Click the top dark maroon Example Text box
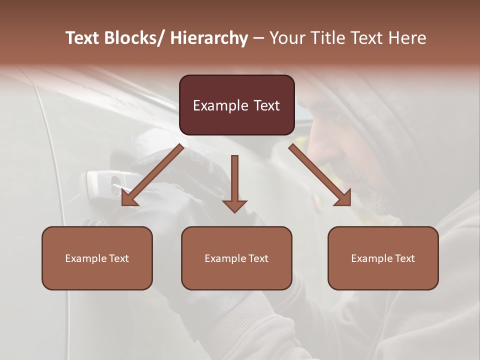[x=236, y=105]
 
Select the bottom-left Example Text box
[x=97, y=258]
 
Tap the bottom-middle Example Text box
[x=236, y=258]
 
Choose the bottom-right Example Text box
[x=383, y=258]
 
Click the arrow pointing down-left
[x=152, y=175]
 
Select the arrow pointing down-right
[x=320, y=175]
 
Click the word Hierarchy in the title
[x=209, y=38]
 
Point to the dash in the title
[x=258, y=38]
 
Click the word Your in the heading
[x=286, y=38]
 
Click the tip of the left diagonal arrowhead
[x=123, y=204]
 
